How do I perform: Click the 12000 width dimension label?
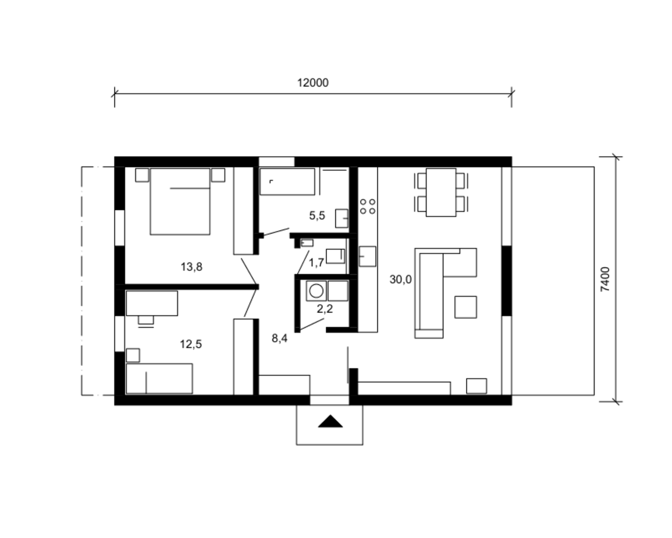313,83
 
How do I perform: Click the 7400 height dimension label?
605,279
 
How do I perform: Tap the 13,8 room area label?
191,267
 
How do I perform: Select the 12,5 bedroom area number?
191,344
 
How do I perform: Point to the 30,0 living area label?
401,279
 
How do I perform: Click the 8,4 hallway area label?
280,338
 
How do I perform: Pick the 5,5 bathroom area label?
317,215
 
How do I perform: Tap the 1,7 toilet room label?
316,263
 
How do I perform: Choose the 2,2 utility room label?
325,309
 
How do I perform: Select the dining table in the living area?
441,192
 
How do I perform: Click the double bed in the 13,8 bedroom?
180,202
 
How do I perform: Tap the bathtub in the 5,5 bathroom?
287,182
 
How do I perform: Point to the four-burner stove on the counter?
367,207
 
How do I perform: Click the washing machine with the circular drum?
316,291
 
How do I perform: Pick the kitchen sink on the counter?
367,256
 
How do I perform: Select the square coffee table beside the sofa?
465,307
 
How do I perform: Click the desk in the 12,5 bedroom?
152,303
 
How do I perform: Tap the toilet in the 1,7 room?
336,256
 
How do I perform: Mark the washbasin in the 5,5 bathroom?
342,218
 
